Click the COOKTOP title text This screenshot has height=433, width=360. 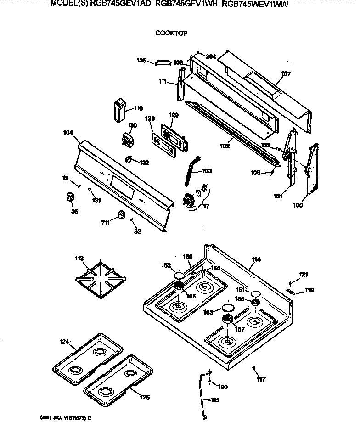click(x=171, y=33)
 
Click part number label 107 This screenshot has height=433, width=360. click(x=286, y=73)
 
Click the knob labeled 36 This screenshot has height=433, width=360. click(x=70, y=197)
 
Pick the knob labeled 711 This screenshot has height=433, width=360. click(x=121, y=215)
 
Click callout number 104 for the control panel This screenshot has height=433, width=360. click(x=67, y=133)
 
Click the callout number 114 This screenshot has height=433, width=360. click(x=256, y=259)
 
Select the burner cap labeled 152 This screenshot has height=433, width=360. click(x=178, y=275)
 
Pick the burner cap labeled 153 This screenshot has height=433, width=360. click(x=226, y=308)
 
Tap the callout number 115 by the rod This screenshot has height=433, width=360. click(x=214, y=400)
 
